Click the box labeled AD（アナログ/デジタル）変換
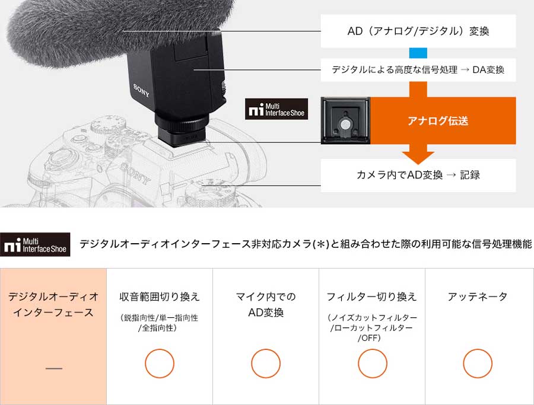[418, 31]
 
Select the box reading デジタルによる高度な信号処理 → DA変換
[418, 70]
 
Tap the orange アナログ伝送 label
[438, 121]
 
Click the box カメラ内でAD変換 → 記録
[418, 176]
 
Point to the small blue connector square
[418, 53]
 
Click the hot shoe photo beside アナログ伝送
[346, 120]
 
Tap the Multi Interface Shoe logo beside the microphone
[276, 109]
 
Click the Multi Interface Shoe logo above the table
[35, 244]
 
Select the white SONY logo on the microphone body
[141, 91]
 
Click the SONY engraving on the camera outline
[136, 174]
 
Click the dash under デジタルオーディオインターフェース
[54, 368]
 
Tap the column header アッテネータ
[478, 296]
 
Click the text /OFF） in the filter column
[370, 338]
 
